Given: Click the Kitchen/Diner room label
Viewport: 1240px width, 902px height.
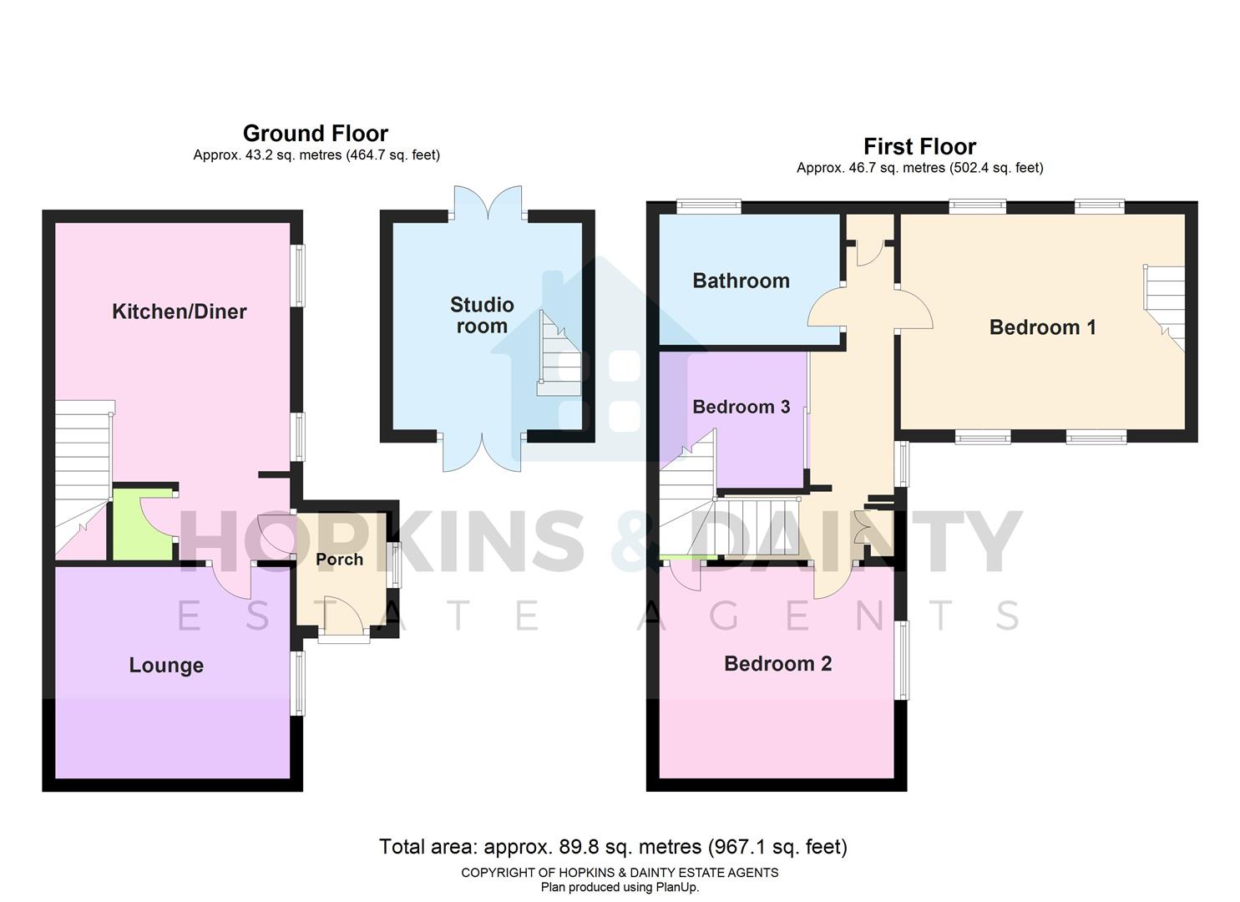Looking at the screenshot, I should pyautogui.click(x=180, y=312).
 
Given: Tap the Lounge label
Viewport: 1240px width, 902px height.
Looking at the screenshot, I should pyautogui.click(x=166, y=665).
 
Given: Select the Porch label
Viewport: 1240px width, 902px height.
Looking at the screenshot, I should pyautogui.click(x=339, y=560).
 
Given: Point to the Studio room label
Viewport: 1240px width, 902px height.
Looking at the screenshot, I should pyautogui.click(x=482, y=315).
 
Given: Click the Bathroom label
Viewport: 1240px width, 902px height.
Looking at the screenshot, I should pyautogui.click(x=741, y=281).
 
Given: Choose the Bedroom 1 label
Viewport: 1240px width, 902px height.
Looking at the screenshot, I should pyautogui.click(x=1042, y=327).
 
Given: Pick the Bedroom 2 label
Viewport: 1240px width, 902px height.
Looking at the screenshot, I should pyautogui.click(x=777, y=663).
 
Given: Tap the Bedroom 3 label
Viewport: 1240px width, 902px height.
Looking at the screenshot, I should pyautogui.click(x=741, y=407).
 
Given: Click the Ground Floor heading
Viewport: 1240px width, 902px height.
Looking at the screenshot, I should pyautogui.click(x=315, y=134).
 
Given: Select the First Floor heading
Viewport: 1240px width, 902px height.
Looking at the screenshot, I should pyautogui.click(x=919, y=147).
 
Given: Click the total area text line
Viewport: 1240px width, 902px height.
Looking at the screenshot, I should pyautogui.click(x=613, y=847).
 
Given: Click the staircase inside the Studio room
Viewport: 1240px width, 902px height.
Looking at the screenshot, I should pyautogui.click(x=558, y=355).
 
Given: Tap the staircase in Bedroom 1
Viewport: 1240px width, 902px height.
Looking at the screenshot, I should pyautogui.click(x=1164, y=305).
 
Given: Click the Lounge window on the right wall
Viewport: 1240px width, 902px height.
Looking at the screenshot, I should pyautogui.click(x=297, y=683).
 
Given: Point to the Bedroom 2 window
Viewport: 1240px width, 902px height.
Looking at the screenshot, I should pyautogui.click(x=901, y=660).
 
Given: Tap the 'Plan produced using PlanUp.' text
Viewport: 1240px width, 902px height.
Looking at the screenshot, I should pyautogui.click(x=620, y=887).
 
